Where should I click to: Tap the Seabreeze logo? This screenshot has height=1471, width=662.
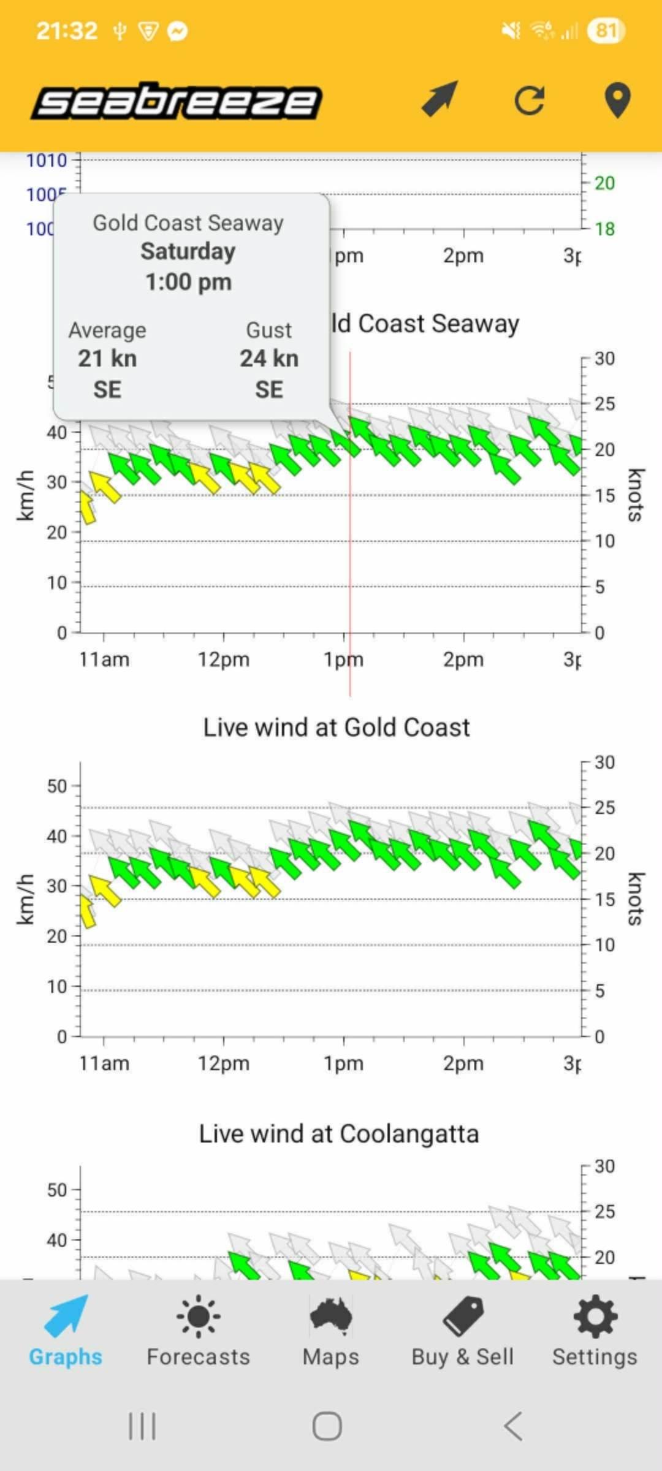coord(177,101)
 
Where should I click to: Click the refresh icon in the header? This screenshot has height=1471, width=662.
coord(530,101)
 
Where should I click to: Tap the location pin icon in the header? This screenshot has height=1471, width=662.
coord(617,101)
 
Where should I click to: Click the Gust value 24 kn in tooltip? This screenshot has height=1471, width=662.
coord(269,359)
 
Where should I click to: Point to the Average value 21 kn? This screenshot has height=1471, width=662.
coord(107,359)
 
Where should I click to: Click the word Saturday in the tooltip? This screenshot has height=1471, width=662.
coord(188,252)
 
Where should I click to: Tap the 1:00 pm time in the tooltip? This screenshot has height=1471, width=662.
coord(188,283)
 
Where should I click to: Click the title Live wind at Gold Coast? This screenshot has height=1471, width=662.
coord(337,728)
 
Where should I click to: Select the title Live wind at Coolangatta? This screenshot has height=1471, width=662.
coord(338,1134)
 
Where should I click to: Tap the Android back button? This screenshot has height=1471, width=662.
coord(514,1426)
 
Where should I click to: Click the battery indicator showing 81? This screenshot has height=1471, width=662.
coord(606,31)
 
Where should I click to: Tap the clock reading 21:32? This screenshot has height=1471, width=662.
coord(67,31)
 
